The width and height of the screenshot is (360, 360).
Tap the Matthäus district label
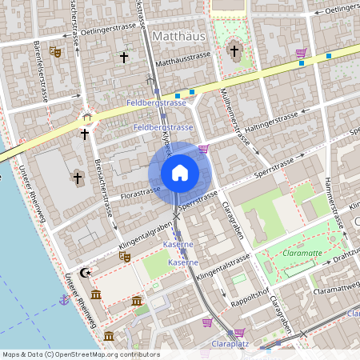point(174,35)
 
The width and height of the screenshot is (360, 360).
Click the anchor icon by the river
point(63,299)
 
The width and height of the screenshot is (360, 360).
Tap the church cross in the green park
point(234,50)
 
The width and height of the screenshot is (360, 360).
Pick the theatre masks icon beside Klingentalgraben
point(124,257)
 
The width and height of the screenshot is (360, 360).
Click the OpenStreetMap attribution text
point(80,354)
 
